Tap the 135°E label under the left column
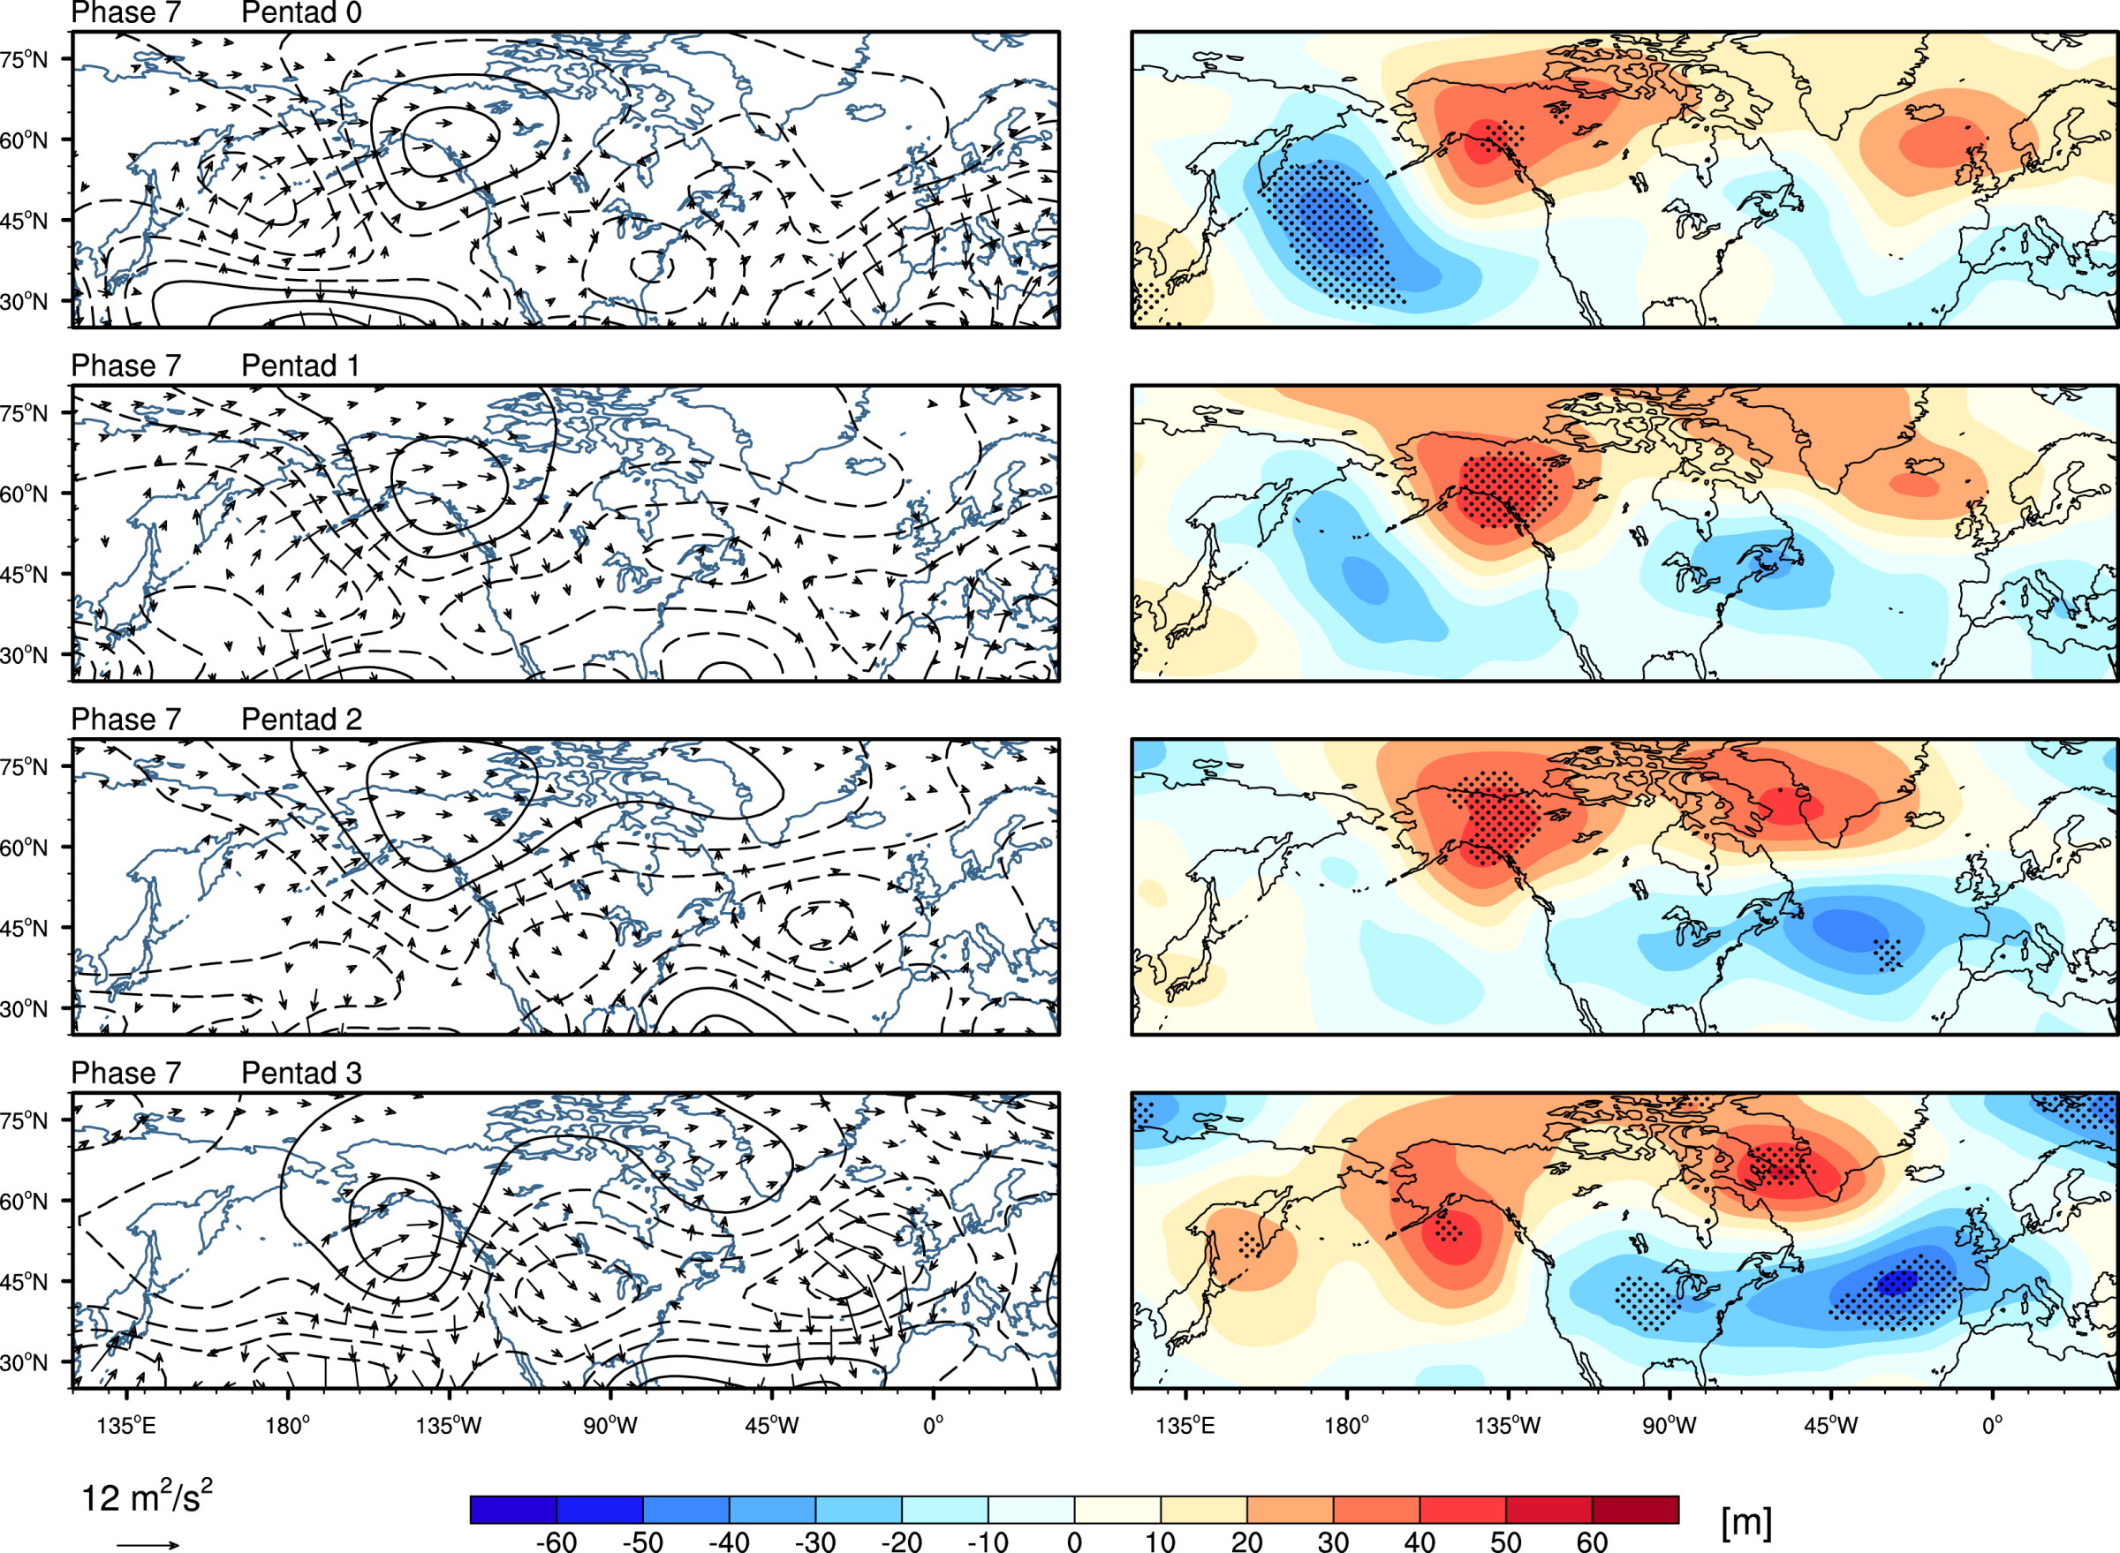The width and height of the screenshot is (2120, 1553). point(126,1426)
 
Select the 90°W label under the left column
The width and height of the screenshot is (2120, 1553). point(609,1426)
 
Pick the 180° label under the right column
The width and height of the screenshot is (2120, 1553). point(1346,1426)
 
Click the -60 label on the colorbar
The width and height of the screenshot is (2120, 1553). point(556,1541)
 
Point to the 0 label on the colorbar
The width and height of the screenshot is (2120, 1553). point(1074,1541)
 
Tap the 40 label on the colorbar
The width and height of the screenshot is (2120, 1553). point(1420,1541)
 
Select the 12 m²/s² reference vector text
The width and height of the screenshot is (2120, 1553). point(146,1496)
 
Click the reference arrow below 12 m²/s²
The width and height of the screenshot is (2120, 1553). point(148,1543)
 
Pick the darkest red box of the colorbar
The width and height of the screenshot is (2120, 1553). point(1636,1510)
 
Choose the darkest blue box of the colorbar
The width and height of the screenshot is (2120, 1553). point(513,1510)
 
